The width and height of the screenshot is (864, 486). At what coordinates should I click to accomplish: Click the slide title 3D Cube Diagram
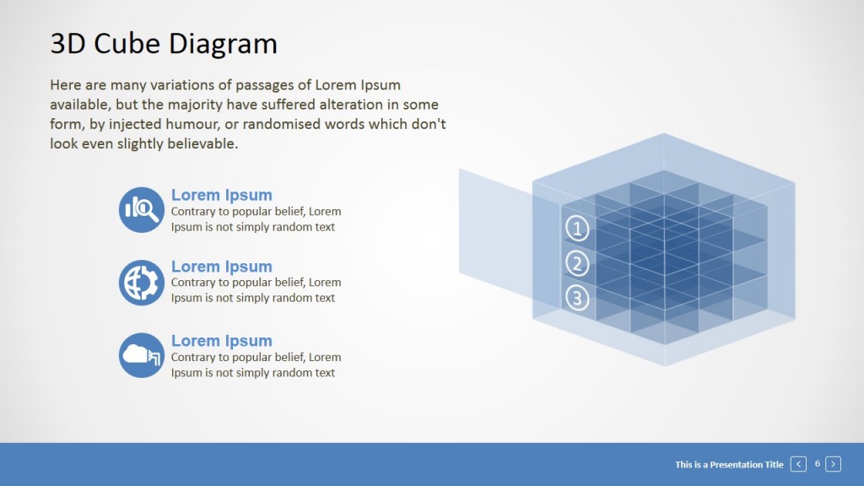[x=164, y=43]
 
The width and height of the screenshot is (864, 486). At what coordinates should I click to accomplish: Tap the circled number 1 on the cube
[x=577, y=228]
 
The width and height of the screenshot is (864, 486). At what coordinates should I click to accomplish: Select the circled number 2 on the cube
[x=577, y=263]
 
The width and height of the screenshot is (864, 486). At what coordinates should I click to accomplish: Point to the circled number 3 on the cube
[x=577, y=297]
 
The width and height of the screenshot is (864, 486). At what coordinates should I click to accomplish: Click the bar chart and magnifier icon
[x=142, y=209]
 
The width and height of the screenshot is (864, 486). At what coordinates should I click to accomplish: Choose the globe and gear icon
[x=142, y=283]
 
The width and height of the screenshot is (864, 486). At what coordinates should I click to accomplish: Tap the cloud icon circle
[x=142, y=355]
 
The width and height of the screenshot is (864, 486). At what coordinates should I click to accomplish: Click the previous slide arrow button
[x=798, y=464]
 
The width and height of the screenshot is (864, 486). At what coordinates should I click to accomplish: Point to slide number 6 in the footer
[x=817, y=463]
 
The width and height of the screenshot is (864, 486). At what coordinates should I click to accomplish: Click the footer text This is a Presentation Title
[x=729, y=464]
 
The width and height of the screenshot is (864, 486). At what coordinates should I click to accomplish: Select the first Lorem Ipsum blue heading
[x=221, y=195]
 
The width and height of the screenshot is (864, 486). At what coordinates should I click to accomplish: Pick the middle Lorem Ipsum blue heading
[x=221, y=267]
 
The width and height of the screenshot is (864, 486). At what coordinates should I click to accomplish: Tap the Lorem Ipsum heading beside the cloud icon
[x=221, y=341]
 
